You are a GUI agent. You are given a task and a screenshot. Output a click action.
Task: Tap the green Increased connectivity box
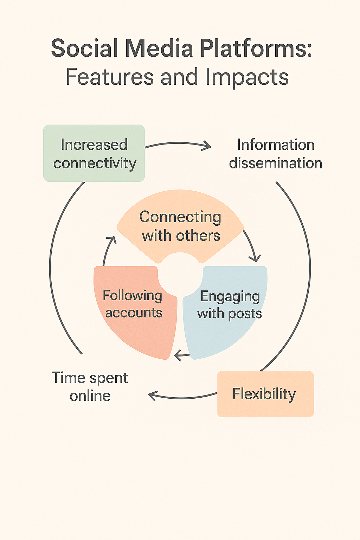94,154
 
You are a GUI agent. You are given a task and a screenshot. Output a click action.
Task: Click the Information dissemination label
276,154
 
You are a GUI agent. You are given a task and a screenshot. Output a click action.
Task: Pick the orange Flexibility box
265,394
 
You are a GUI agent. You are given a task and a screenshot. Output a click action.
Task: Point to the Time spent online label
90,386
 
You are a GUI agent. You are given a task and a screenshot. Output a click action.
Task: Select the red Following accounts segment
133,309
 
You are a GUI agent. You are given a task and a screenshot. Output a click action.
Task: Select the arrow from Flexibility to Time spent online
183,397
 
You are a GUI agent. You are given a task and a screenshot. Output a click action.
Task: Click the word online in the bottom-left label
90,396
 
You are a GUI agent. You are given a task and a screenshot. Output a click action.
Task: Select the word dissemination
276,163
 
